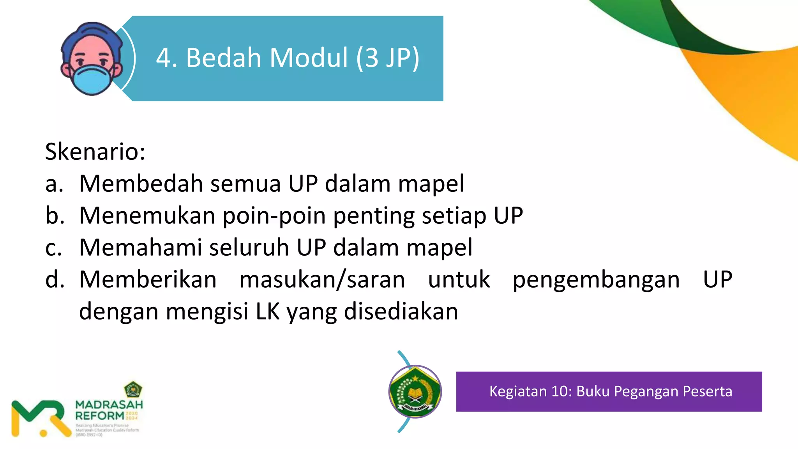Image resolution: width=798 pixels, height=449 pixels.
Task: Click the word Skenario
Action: tap(95, 152)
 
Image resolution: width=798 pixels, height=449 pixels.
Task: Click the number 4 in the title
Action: tap(164, 58)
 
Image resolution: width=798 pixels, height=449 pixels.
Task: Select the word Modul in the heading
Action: tap(308, 58)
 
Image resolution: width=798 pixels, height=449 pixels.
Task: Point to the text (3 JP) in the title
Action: tap(388, 58)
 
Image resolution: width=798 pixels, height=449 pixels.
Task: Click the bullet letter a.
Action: tap(54, 184)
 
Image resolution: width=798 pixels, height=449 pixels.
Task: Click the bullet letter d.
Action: tap(55, 280)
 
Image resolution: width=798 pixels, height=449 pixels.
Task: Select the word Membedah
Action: tap(141, 184)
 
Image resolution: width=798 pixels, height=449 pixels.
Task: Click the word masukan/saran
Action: tap(322, 280)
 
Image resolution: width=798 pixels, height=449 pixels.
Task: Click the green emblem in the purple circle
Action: tap(415, 392)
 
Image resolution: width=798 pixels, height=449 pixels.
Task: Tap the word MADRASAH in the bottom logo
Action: tap(109, 405)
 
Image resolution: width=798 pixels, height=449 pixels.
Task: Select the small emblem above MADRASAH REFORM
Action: tap(133, 389)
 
